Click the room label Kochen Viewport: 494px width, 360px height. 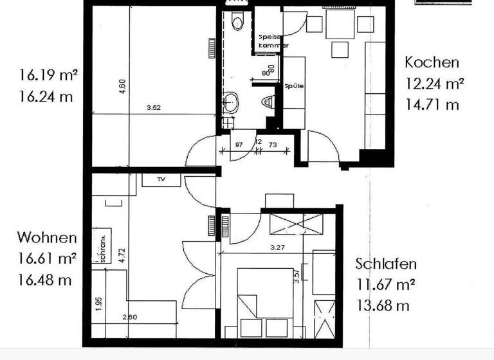pyautogui.click(x=432, y=62)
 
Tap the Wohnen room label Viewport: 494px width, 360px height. pyautogui.click(x=46, y=238)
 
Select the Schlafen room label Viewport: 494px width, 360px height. pyautogui.click(x=386, y=264)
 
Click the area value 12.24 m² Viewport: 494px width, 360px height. pyautogui.click(x=435, y=83)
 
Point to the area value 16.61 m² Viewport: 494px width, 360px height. pyautogui.click(x=48, y=259)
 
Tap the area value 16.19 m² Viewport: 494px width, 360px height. pyautogui.click(x=48, y=75)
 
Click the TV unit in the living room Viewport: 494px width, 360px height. pyautogui.click(x=160, y=180)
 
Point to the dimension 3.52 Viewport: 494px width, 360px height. pyautogui.click(x=153, y=108)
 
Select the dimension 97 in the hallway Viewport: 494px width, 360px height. pyautogui.click(x=239, y=144)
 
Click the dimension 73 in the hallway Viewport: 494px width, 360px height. pyautogui.click(x=273, y=144)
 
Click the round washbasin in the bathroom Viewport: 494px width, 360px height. pyautogui.click(x=230, y=100)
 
